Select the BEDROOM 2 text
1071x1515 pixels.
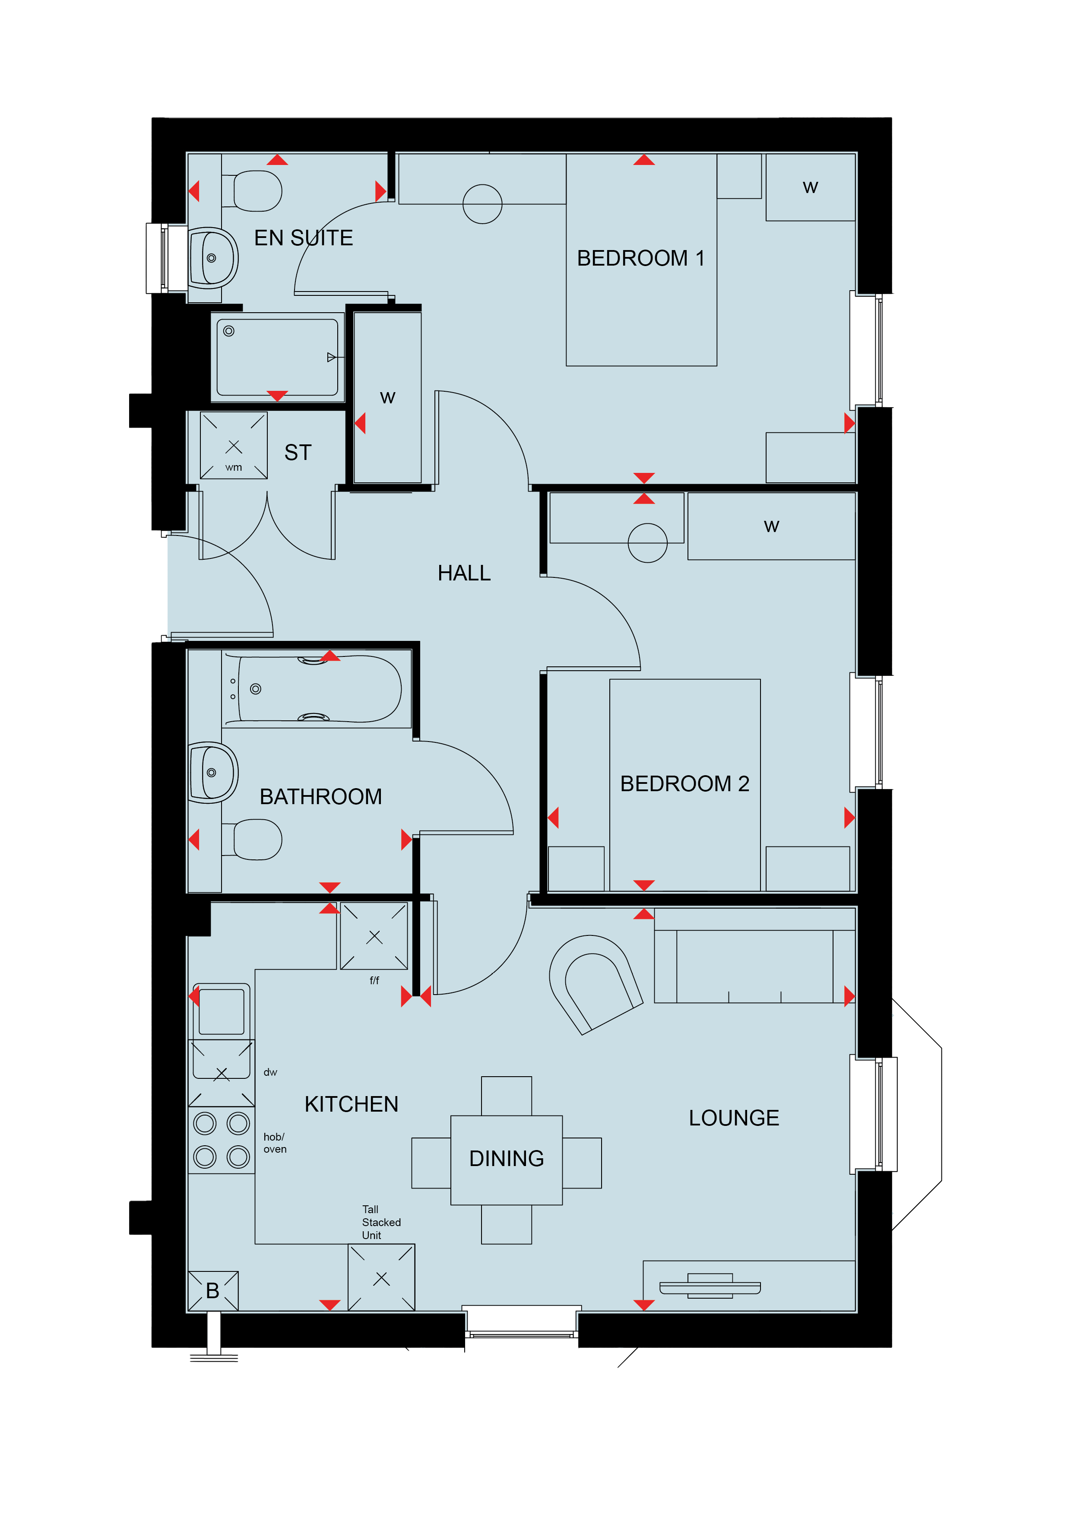click(x=684, y=784)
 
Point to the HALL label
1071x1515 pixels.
click(x=464, y=573)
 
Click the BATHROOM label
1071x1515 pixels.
click(x=321, y=796)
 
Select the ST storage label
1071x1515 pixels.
click(x=298, y=453)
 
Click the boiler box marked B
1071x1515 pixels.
click(x=213, y=1291)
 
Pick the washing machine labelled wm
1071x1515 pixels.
click(x=234, y=445)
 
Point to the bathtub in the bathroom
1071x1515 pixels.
click(x=314, y=689)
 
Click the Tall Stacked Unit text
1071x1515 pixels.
click(x=381, y=1222)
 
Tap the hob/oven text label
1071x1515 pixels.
click(x=275, y=1143)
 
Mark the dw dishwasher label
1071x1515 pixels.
click(x=270, y=1072)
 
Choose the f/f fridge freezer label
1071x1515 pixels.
click(x=374, y=980)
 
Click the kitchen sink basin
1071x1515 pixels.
click(x=222, y=1011)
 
